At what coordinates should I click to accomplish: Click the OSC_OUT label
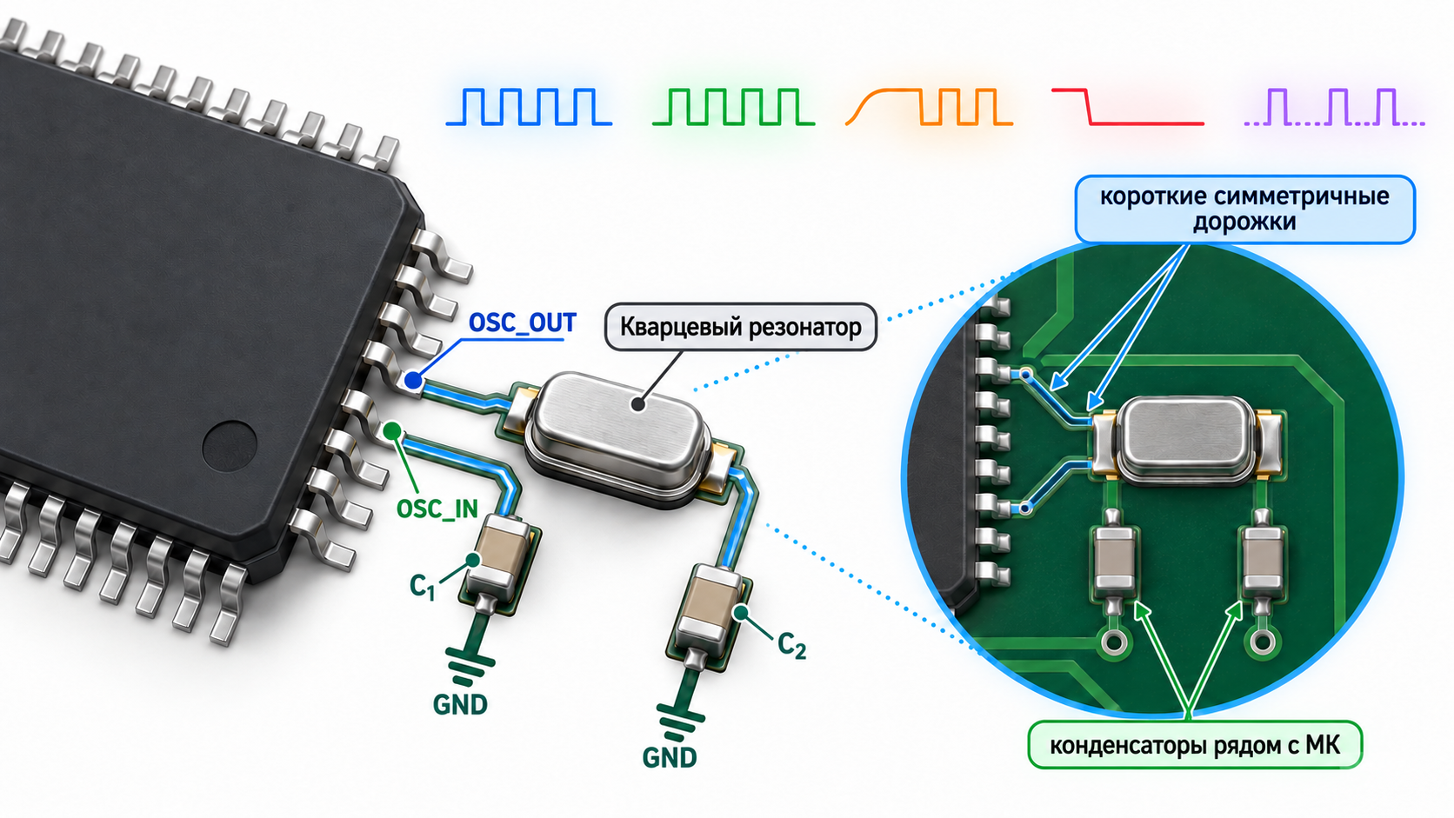[x=522, y=323]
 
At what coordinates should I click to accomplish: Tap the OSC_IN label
[x=437, y=509]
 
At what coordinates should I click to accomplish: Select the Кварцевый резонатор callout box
[x=741, y=327]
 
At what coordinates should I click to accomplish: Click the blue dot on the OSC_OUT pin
[x=413, y=380]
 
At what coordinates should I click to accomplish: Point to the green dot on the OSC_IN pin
[x=391, y=430]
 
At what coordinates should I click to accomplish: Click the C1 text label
[x=422, y=587]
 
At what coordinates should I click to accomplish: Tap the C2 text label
[x=792, y=646]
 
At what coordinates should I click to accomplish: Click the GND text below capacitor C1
[x=460, y=705]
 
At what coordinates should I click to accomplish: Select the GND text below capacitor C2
[x=670, y=758]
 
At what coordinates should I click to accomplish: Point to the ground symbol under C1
[x=470, y=666]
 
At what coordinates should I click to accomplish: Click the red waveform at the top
[x=1128, y=107]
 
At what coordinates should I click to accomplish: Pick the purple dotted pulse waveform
[x=1335, y=107]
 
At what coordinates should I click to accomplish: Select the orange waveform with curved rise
[x=930, y=107]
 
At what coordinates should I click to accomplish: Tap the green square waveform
[x=733, y=107]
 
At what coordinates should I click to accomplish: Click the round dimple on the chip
[x=229, y=446]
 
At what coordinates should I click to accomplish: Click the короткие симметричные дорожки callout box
[x=1245, y=209]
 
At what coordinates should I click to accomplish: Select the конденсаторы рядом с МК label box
[x=1195, y=745]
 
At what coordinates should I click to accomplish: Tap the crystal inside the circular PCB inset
[x=1188, y=441]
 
